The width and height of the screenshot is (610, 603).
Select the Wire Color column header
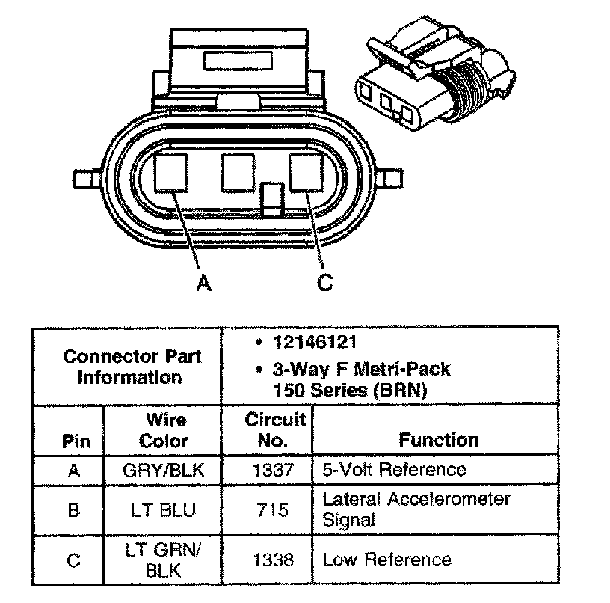click(163, 430)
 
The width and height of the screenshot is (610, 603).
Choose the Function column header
click(438, 440)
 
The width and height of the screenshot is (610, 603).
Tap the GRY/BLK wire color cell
click(163, 470)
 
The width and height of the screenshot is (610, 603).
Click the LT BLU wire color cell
click(163, 510)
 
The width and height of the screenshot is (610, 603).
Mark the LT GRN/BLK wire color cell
click(163, 560)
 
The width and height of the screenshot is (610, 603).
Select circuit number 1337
click(267, 470)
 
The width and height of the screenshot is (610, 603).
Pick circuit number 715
click(267, 510)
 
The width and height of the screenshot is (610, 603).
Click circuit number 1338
click(267, 560)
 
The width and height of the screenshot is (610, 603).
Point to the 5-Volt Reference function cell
click(394, 470)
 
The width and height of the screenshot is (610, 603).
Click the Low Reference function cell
click(386, 560)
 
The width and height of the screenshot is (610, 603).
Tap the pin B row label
click(73, 510)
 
